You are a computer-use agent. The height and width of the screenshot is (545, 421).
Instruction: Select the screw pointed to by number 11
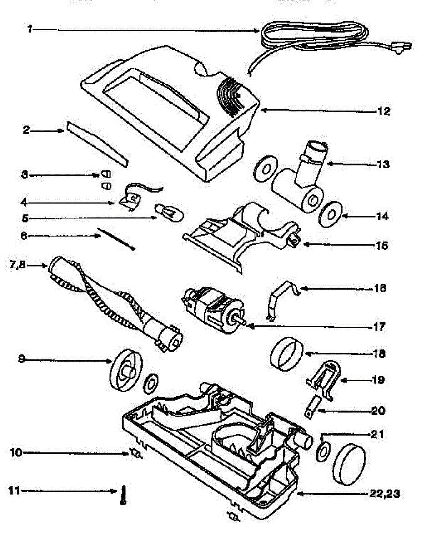(x=123, y=495)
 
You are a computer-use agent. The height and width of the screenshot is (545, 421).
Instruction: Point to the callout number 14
(x=382, y=217)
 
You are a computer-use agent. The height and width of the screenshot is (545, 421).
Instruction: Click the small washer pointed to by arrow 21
(x=323, y=452)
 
